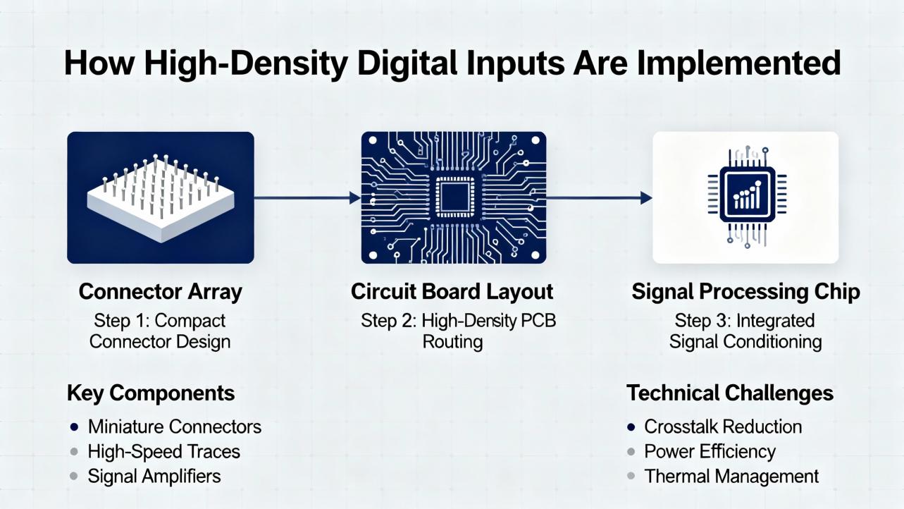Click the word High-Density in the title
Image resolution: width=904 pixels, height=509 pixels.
pyautogui.click(x=246, y=63)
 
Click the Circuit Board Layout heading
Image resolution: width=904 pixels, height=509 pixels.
pyautogui.click(x=452, y=291)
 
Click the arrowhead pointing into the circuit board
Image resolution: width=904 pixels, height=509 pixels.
pyautogui.click(x=355, y=198)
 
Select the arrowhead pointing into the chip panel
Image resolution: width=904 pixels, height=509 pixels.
pyautogui.click(x=647, y=198)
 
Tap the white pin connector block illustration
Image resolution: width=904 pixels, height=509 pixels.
pyautogui.click(x=161, y=199)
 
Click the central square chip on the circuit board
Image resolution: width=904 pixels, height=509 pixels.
pyautogui.click(x=455, y=197)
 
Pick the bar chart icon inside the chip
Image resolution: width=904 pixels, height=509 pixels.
pyautogui.click(x=747, y=195)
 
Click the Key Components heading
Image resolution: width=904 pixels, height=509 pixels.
pyautogui.click(x=151, y=393)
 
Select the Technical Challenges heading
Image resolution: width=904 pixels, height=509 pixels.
pyautogui.click(x=730, y=393)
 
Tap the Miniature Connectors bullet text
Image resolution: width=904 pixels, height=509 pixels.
pyautogui.click(x=174, y=427)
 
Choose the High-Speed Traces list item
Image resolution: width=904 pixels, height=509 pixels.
pyautogui.click(x=164, y=452)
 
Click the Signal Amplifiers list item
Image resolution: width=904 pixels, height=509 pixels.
pyautogui.click(x=154, y=477)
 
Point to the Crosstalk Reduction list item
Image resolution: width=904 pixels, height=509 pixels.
pyautogui.click(x=723, y=427)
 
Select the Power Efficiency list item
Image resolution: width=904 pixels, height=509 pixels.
pyautogui.click(x=710, y=452)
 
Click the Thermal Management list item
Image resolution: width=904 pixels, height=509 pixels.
pyautogui.click(x=731, y=477)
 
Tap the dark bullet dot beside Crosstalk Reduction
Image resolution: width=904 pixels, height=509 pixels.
pyautogui.click(x=631, y=427)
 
